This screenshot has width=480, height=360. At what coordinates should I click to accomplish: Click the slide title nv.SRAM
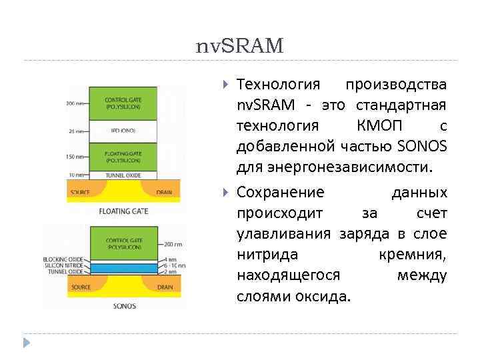[x=240, y=45]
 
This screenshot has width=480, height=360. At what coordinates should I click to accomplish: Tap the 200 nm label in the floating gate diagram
[x=75, y=103]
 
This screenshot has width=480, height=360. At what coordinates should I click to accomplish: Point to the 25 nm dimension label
[x=76, y=131]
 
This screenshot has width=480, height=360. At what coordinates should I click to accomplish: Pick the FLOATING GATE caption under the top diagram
[x=123, y=211]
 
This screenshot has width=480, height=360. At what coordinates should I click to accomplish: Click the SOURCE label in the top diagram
[x=80, y=192]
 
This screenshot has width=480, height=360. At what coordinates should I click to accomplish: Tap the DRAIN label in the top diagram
[x=164, y=192]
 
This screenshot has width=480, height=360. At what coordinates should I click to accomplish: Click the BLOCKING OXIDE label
[x=63, y=259]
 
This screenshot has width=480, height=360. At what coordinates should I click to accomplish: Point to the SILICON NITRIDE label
[x=63, y=265]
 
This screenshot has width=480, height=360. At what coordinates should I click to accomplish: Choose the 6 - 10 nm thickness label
[x=177, y=265]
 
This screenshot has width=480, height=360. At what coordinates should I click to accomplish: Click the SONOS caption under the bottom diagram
[x=124, y=306]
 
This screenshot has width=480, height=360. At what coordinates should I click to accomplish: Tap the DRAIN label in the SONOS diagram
[x=164, y=287]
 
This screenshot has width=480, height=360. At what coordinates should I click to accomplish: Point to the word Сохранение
[x=281, y=193]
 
